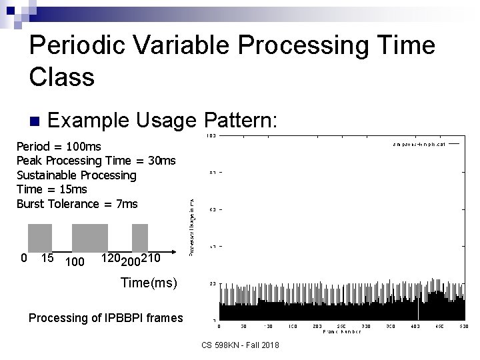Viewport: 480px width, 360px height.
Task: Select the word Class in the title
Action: coord(62,77)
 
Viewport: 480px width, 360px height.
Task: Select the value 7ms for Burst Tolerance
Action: coord(125,204)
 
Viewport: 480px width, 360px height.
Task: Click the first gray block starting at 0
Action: coord(40,238)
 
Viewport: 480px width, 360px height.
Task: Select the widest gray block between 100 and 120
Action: coord(89,238)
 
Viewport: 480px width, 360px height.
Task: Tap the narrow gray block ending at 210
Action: coord(140,238)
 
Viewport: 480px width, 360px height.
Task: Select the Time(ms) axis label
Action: coord(149,283)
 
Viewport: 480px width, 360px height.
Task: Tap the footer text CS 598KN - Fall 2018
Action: coord(239,345)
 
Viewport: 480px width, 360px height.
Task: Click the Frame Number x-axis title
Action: coord(341,331)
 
